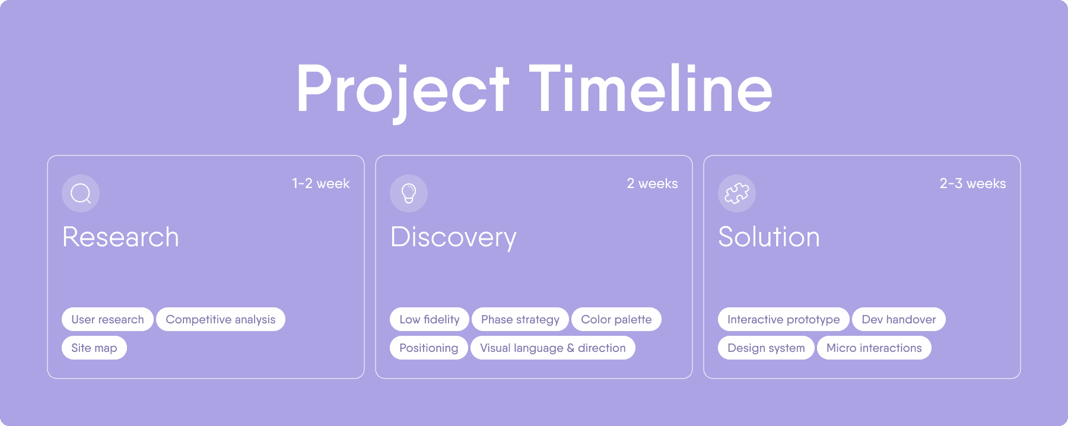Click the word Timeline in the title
click(x=650, y=88)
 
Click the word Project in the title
click(x=403, y=93)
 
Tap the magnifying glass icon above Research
click(x=81, y=193)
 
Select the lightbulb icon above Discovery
click(x=409, y=193)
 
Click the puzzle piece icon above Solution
click(x=737, y=193)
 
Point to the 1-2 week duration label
click(x=321, y=184)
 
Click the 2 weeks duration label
click(x=652, y=184)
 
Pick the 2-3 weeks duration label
click(x=973, y=184)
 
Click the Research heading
click(x=120, y=237)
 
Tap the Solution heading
click(x=769, y=237)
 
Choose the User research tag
click(x=107, y=319)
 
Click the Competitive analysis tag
click(x=221, y=319)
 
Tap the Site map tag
click(x=94, y=348)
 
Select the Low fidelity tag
click(x=430, y=319)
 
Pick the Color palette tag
click(x=616, y=319)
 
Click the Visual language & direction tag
click(x=553, y=348)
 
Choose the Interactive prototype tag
click(x=784, y=319)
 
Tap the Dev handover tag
click(x=899, y=319)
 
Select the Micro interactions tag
click(x=874, y=348)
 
